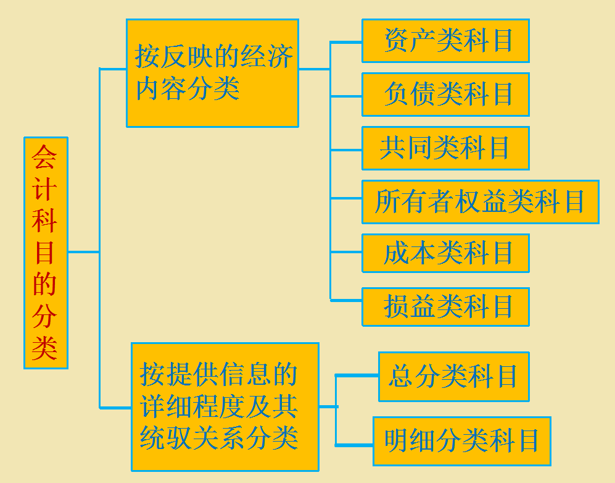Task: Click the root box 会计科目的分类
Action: (46, 253)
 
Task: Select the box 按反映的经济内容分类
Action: (212, 73)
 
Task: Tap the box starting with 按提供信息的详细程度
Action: (225, 406)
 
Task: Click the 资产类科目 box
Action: (445, 41)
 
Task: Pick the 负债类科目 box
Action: (445, 94)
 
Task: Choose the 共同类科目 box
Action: (445, 148)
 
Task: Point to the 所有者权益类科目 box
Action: (480, 201)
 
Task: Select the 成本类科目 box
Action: (445, 253)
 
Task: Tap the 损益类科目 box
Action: (445, 306)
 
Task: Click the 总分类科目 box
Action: (453, 377)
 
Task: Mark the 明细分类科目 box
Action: (461, 441)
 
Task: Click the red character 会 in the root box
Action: (44, 157)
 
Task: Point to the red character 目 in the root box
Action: (44, 253)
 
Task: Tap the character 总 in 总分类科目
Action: (401, 377)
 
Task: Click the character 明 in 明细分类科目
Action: (396, 441)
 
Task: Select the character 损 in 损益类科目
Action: (396, 306)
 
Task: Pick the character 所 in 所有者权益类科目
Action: (387, 202)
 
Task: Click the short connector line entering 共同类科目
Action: (346, 149)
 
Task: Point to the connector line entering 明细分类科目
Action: (354, 444)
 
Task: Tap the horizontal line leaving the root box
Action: (83, 252)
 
